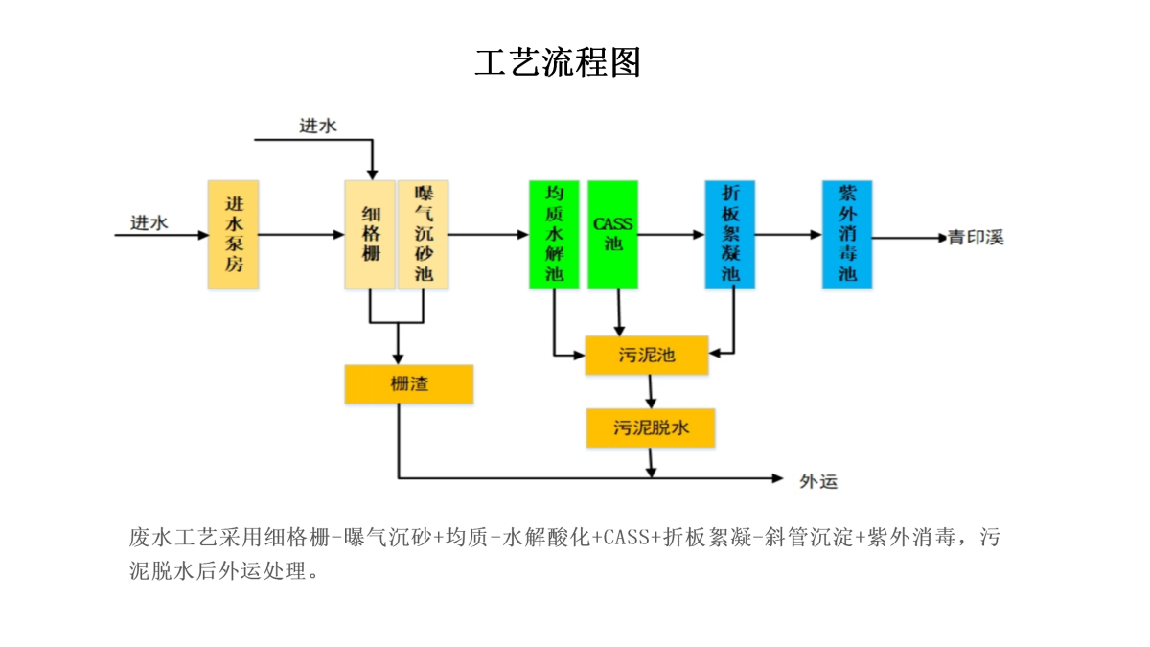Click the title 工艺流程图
[558, 62]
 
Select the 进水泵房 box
[234, 234]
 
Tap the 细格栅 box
[370, 234]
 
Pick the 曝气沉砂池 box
[424, 234]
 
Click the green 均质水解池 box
[554, 234]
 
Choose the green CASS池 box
[612, 234]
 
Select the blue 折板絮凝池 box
[730, 234]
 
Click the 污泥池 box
[647, 356]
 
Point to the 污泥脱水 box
[652, 427]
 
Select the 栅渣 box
[409, 384]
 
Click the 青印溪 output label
[977, 238]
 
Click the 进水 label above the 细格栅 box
[318, 126]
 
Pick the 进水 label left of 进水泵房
[149, 222]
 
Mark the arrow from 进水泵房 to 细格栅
[302, 234]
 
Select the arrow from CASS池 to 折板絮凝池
[671, 234]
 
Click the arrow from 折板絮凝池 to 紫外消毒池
[788, 234]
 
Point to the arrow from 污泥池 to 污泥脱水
[652, 391]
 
